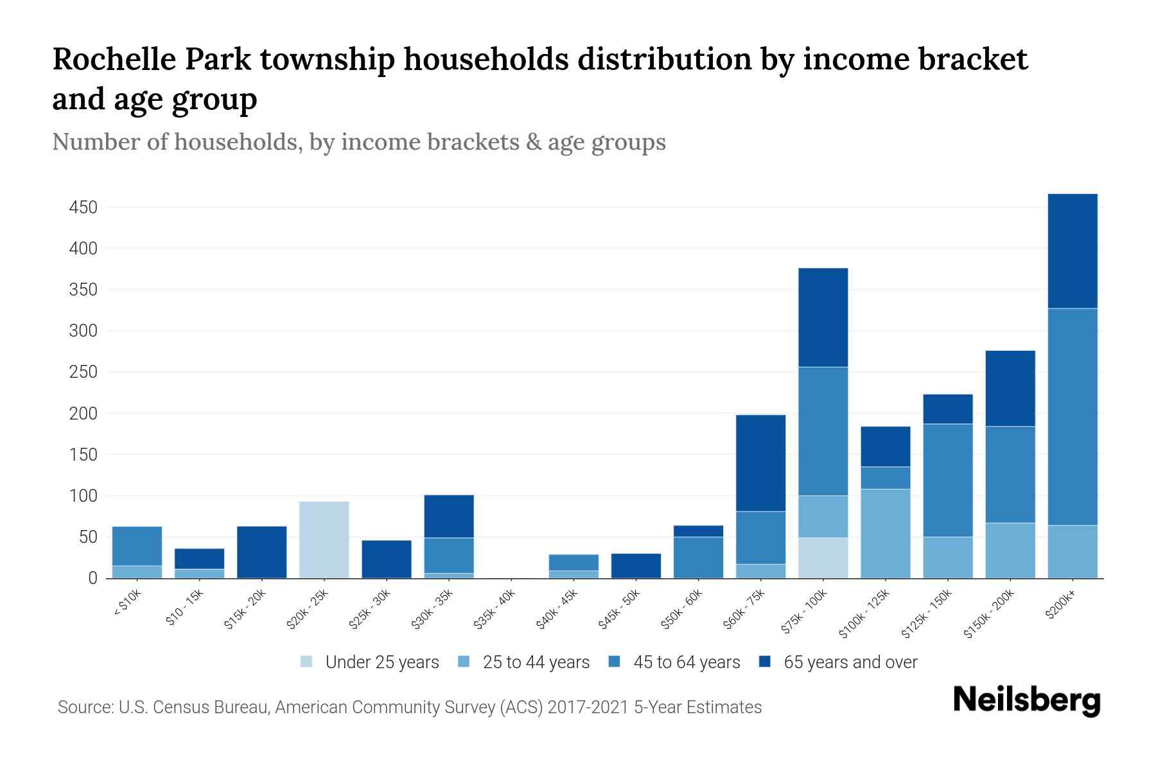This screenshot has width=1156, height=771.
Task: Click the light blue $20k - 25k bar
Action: pos(324,540)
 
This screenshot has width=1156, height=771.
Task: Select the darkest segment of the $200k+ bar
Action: pos(1072,251)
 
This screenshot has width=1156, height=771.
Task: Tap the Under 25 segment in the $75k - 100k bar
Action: pos(823,558)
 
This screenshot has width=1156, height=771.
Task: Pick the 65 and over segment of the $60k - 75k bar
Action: pos(760,463)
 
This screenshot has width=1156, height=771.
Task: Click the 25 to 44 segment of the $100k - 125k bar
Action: pos(885,533)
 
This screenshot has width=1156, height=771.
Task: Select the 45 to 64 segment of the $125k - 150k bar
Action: pos(947,480)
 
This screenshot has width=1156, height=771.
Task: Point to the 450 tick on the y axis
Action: pos(83,208)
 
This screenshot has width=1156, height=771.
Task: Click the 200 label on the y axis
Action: pos(83,414)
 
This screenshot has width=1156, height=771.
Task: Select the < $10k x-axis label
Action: pos(128,604)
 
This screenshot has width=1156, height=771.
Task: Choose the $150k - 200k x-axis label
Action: pos(990,616)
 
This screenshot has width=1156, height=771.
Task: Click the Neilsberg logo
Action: pos(1026,701)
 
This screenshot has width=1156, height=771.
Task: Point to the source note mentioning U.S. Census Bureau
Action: pos(409,707)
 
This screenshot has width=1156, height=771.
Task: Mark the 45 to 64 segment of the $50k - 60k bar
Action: pos(698,557)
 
